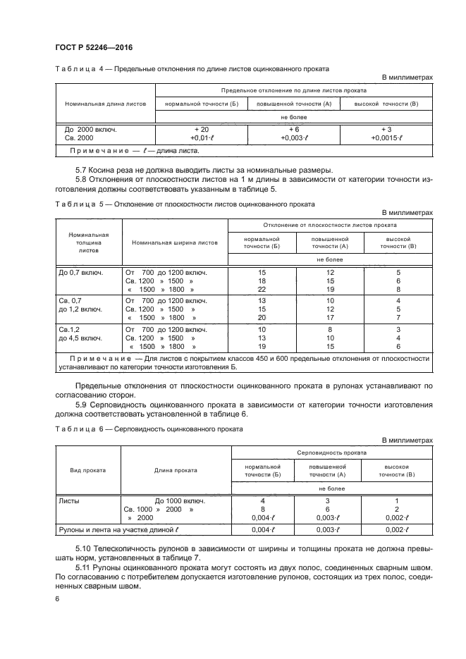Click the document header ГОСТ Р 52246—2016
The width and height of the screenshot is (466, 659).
(94, 47)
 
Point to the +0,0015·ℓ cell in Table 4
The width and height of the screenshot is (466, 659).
(386, 139)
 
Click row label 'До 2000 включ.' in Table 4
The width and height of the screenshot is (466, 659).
(90, 130)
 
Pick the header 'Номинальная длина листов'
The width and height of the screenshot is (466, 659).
(105, 103)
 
